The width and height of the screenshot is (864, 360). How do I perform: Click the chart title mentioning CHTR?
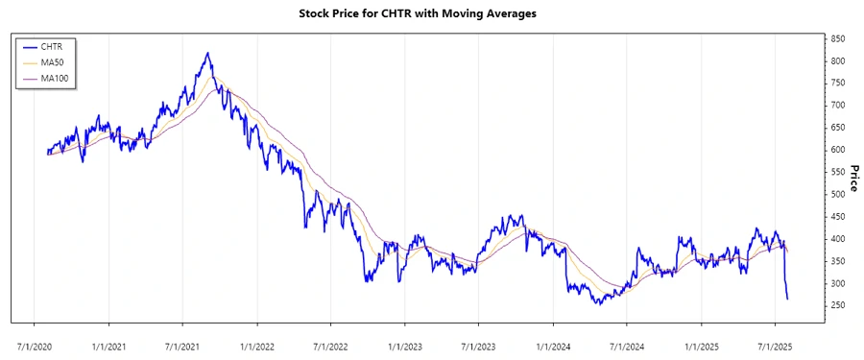pyautogui.click(x=431, y=14)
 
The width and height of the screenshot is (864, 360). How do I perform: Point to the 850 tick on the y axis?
pyautogui.click(x=838, y=38)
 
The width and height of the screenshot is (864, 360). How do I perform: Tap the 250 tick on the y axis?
pyautogui.click(x=838, y=305)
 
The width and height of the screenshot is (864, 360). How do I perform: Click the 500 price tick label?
pyautogui.click(x=838, y=194)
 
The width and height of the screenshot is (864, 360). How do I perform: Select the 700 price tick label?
pyautogui.click(x=838, y=105)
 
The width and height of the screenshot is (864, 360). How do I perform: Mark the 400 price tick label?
pyautogui.click(x=838, y=239)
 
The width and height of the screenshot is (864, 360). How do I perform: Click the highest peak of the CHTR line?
pyautogui.click(x=207, y=53)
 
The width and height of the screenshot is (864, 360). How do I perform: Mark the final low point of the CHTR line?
pyautogui.click(x=788, y=299)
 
